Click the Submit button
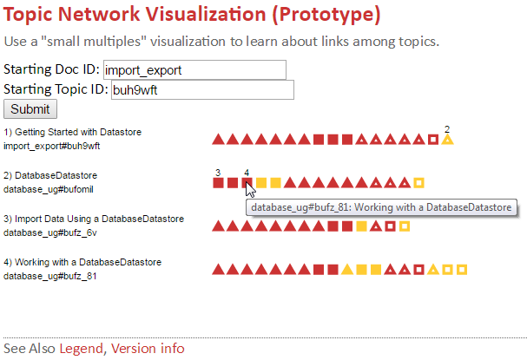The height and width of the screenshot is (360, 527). (x=30, y=109)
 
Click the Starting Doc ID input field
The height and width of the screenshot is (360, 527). (x=194, y=70)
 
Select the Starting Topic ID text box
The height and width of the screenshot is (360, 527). (x=202, y=89)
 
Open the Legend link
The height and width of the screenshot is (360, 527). (x=81, y=348)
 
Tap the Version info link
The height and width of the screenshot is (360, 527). (x=148, y=348)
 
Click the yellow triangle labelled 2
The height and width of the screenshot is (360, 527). (x=447, y=140)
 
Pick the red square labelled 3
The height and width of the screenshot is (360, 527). (x=218, y=183)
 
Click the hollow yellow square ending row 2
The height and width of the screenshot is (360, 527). (x=418, y=183)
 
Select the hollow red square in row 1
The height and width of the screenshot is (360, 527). (x=433, y=140)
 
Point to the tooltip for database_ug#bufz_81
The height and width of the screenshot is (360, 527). (x=381, y=207)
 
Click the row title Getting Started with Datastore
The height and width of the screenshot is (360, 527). (x=78, y=132)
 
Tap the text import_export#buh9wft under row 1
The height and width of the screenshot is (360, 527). (x=52, y=146)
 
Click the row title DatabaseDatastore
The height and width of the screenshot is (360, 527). (x=56, y=175)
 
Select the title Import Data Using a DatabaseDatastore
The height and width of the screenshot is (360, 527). (x=99, y=219)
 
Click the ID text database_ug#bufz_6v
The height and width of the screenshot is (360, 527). (x=50, y=232)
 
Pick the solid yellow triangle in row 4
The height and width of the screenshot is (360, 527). (x=347, y=270)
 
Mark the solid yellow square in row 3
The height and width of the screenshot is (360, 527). (x=361, y=226)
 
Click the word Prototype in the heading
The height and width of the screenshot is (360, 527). (x=326, y=14)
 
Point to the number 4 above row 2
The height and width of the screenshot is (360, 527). (x=247, y=173)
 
